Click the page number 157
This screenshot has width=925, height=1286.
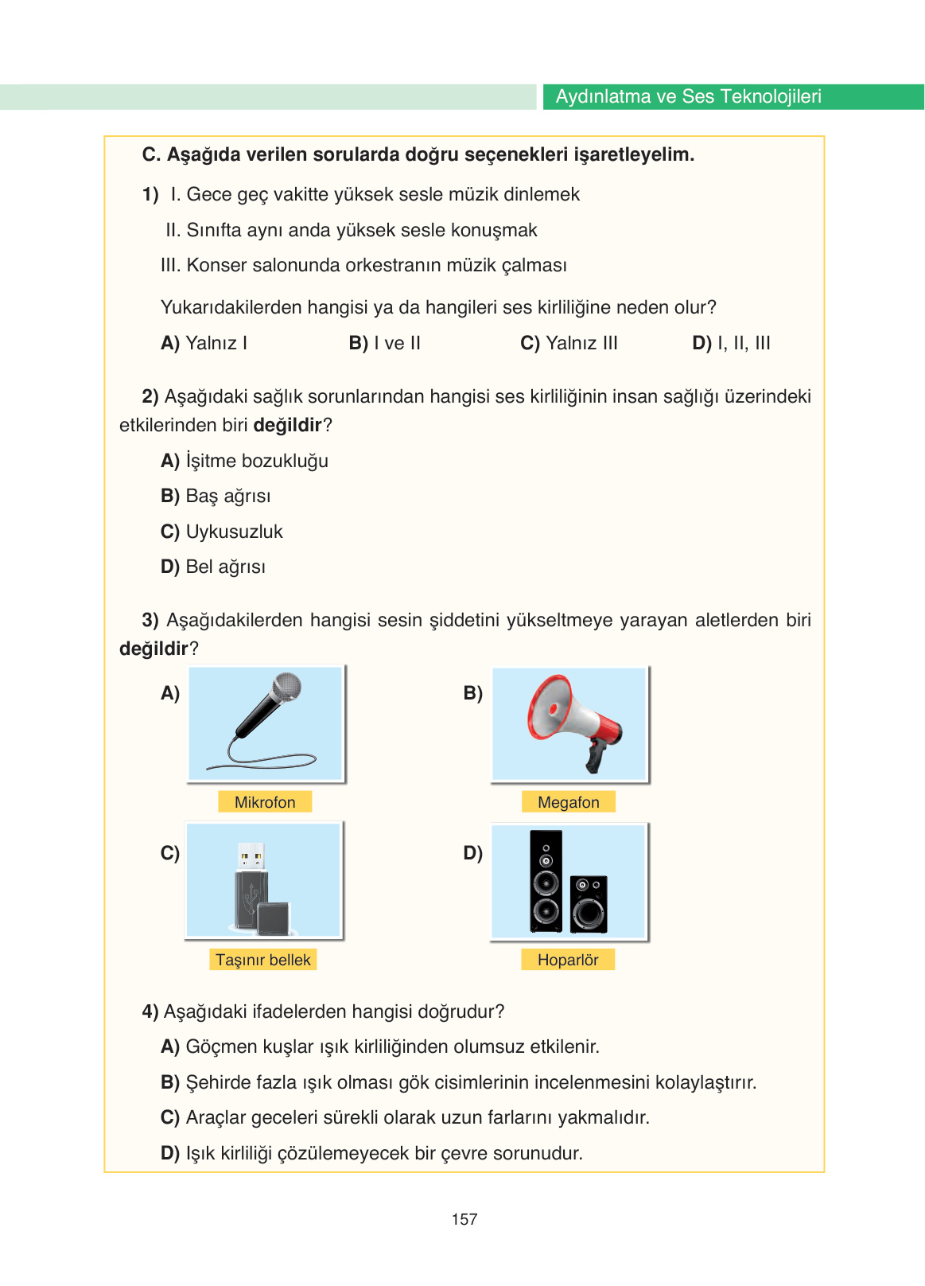464,1219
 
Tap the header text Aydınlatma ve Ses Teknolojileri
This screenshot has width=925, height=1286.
688,96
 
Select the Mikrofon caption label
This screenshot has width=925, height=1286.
265,802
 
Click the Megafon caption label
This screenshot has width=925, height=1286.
568,802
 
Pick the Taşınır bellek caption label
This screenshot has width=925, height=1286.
263,960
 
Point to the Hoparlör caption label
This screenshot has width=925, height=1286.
568,960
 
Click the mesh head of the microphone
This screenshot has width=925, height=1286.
286,687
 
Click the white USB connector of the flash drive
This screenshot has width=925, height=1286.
251,857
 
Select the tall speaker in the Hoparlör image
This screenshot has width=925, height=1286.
546,882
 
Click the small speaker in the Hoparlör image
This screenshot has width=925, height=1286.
589,904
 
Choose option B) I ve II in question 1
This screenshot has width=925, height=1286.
385,343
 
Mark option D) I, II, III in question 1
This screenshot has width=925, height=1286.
731,343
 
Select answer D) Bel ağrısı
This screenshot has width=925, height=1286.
213,567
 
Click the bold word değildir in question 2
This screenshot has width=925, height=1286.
287,425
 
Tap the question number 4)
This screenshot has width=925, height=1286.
150,1011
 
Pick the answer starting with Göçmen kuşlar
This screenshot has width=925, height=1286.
380,1046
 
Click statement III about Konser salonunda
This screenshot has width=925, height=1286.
363,265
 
